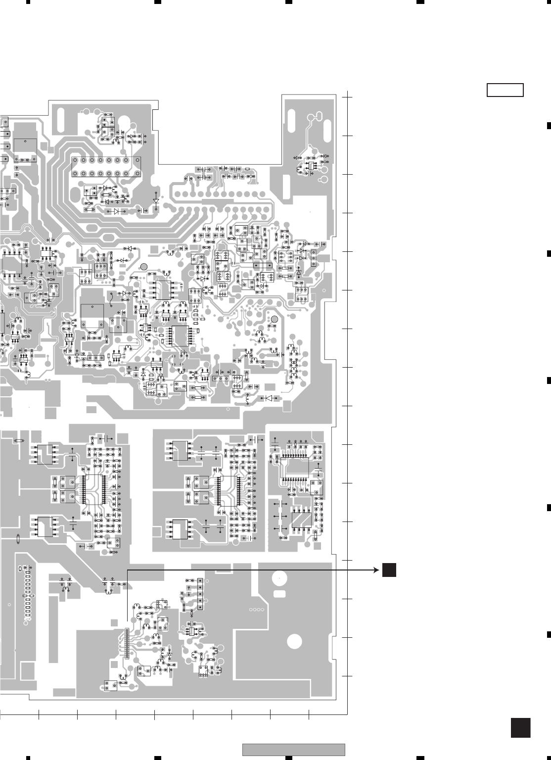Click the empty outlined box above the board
pos(505,91)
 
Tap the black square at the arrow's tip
pos(389,570)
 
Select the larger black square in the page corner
pos(520,728)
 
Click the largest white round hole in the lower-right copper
pos(294,641)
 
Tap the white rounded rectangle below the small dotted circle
pos(279,593)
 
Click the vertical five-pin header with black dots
pos(200,593)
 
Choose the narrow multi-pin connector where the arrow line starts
pos(126,643)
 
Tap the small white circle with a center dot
pos(279,578)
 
